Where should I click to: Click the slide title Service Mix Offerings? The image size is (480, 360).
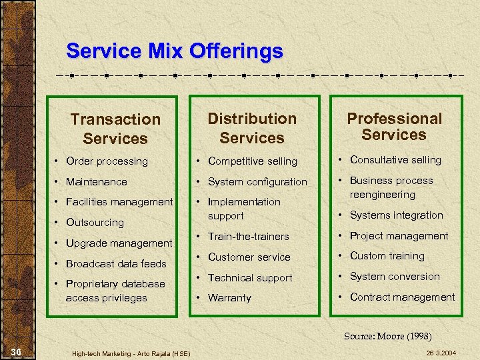[175, 51]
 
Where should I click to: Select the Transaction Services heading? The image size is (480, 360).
[115, 129]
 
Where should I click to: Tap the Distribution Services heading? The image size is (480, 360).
[252, 128]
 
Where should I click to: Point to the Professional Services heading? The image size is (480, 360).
[394, 126]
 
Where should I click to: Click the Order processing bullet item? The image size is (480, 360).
[107, 161]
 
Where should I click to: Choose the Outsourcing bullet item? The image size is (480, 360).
[95, 223]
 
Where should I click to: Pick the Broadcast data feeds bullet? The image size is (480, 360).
[116, 263]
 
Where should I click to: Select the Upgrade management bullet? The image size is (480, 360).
[119, 243]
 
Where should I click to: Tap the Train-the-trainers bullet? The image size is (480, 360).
[248, 237]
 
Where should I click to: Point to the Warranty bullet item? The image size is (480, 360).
[229, 298]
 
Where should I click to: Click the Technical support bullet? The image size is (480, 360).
[250, 277]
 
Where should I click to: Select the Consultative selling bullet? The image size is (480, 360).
[395, 160]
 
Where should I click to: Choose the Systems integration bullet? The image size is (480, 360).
[396, 215]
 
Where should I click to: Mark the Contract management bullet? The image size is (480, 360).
[402, 297]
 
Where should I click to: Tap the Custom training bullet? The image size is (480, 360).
[387, 256]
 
